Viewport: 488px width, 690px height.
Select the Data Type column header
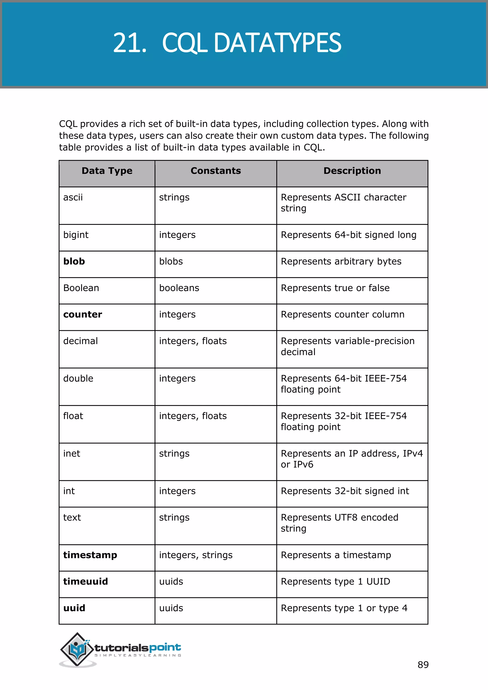point(107,171)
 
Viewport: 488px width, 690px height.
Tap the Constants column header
point(215,171)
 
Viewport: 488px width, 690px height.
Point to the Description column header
point(352,171)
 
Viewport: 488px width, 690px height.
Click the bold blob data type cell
point(74,261)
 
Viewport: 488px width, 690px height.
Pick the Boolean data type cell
point(81,288)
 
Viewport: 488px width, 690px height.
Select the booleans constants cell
point(179,288)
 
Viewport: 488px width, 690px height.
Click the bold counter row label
point(83,314)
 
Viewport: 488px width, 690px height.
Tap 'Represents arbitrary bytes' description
point(341,261)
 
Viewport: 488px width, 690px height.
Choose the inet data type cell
point(72,453)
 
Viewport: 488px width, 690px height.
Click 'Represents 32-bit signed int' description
point(345,491)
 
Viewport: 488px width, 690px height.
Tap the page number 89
point(423,665)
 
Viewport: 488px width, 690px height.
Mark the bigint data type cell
point(76,235)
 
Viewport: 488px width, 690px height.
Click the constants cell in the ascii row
point(174,198)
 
